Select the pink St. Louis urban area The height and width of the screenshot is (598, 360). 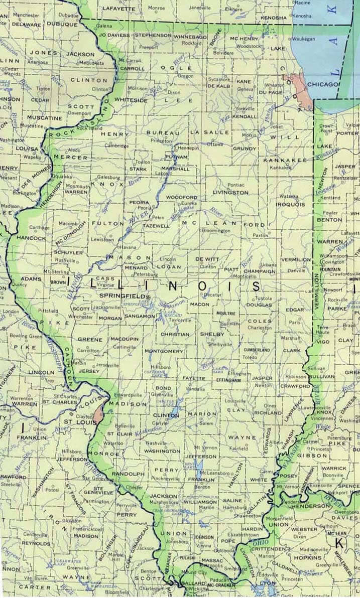coord(98,413)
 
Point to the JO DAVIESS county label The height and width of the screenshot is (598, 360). coord(114,36)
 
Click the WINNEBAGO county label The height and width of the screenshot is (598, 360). coord(190,36)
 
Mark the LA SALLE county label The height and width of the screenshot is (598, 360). coord(210,132)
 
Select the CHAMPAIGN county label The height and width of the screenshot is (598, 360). coord(260,271)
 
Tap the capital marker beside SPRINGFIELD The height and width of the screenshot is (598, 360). coord(148,297)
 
